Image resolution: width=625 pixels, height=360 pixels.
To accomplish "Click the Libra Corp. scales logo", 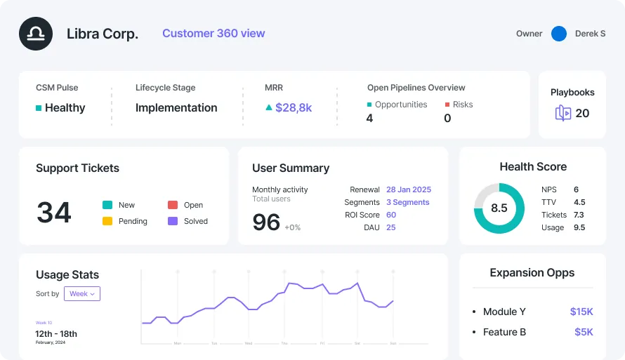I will click(36, 34).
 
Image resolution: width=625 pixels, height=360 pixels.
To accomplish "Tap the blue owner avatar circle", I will click(559, 34).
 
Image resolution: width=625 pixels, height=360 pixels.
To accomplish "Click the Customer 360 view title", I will click(213, 33).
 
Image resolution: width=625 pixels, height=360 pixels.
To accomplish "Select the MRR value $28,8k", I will click(294, 108).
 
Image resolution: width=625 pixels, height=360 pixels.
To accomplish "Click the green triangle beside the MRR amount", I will click(268, 108).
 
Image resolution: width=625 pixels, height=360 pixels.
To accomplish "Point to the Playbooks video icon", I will click(562, 114).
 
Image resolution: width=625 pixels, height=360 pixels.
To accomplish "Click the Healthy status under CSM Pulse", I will click(65, 108).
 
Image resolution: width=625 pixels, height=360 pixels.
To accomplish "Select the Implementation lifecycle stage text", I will click(176, 108).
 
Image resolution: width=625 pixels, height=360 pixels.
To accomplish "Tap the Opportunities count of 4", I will click(370, 119).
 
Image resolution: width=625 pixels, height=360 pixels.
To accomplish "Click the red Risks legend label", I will click(462, 105).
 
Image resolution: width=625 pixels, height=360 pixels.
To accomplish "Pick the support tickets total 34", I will click(54, 213).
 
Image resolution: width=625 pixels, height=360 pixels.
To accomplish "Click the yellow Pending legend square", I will click(107, 221).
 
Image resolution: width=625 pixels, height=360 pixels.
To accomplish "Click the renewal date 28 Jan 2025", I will click(409, 189).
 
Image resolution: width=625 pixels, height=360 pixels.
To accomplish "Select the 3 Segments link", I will click(407, 202).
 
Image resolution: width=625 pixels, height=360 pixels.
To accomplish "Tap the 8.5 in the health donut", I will click(499, 208).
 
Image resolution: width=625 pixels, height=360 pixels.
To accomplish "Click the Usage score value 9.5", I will click(579, 227).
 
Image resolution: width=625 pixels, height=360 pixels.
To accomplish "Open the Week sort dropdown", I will click(82, 294).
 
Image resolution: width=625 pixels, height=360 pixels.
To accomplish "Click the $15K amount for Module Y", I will click(581, 312).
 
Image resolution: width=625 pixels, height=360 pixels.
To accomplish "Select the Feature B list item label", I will click(504, 332).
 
